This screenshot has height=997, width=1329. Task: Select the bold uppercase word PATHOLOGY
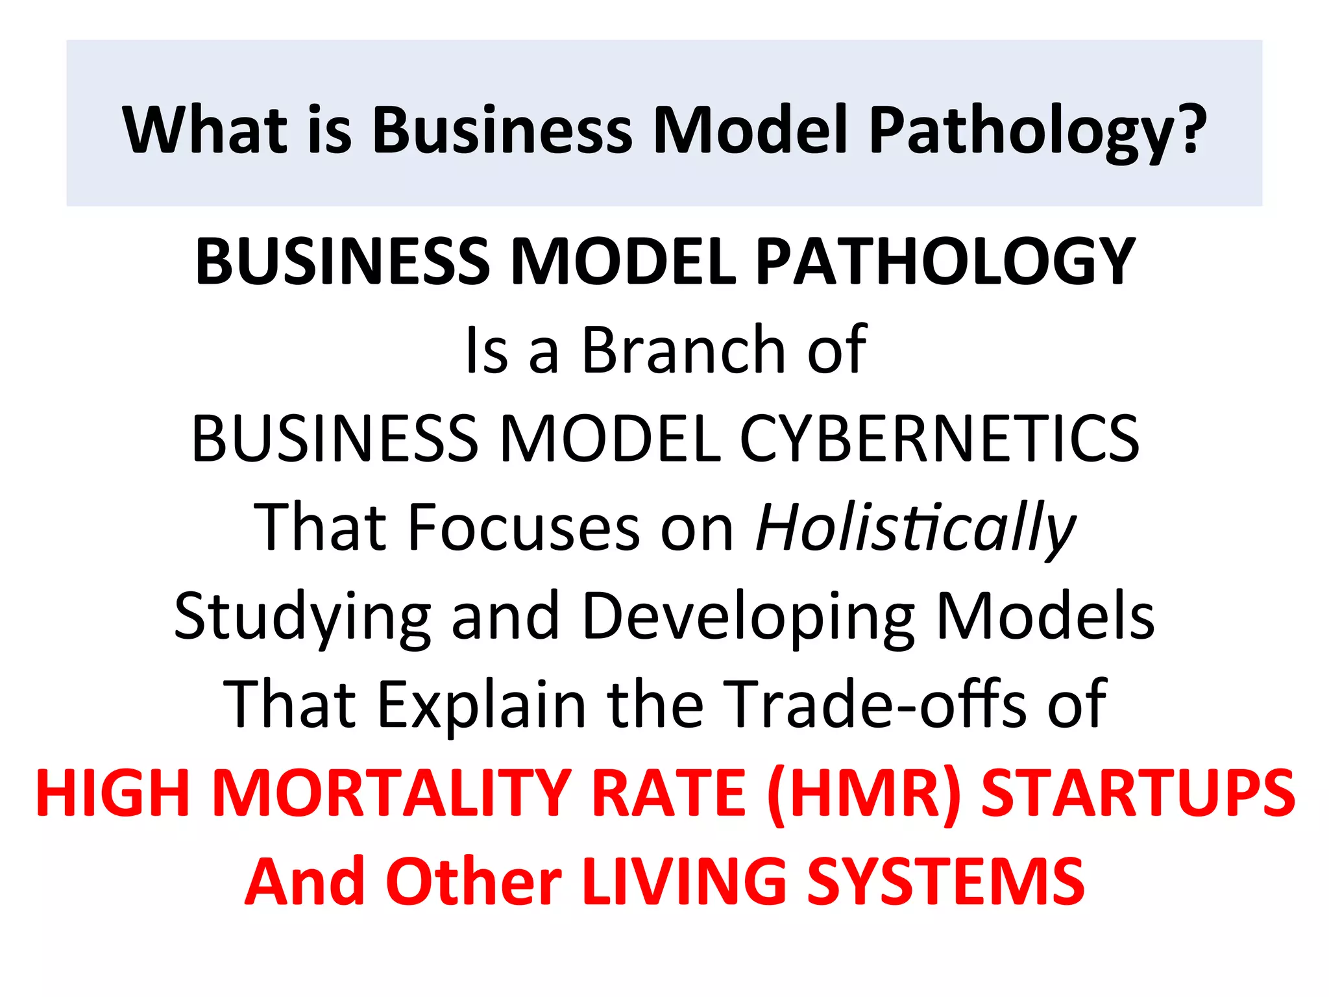pos(945,261)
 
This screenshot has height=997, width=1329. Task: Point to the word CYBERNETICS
pos(939,439)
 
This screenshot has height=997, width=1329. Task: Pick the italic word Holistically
pos(915,527)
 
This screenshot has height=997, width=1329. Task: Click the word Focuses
pos(524,527)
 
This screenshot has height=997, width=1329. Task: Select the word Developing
pos(748,616)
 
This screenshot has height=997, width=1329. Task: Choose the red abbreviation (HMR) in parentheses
pos(863,793)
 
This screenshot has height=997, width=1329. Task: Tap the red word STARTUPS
pos(1138,793)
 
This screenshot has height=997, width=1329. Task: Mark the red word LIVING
pos(684,881)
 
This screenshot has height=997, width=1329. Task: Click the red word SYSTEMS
pos(945,881)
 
